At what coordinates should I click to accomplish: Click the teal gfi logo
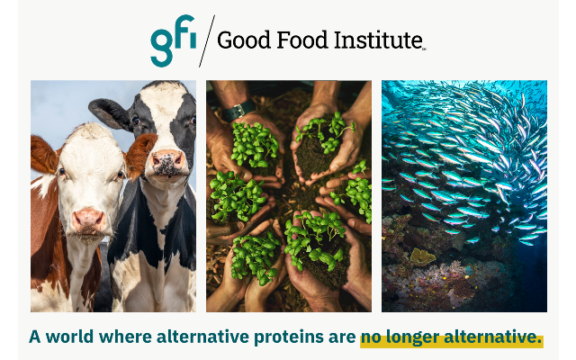173,40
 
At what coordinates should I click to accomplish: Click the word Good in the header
244,40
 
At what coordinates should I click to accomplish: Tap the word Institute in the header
378,40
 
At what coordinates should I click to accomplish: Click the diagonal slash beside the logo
207,41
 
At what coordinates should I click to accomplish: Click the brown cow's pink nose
88,219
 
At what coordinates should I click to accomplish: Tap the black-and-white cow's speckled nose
168,161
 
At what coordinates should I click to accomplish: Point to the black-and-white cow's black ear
110,113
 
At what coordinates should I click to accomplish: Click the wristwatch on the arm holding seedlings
238,110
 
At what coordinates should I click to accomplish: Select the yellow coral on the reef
423,256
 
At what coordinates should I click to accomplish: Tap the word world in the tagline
69,337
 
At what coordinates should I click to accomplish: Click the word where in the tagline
125,337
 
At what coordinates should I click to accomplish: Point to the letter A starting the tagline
35,337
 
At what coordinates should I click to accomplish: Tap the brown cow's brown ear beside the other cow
140,154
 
